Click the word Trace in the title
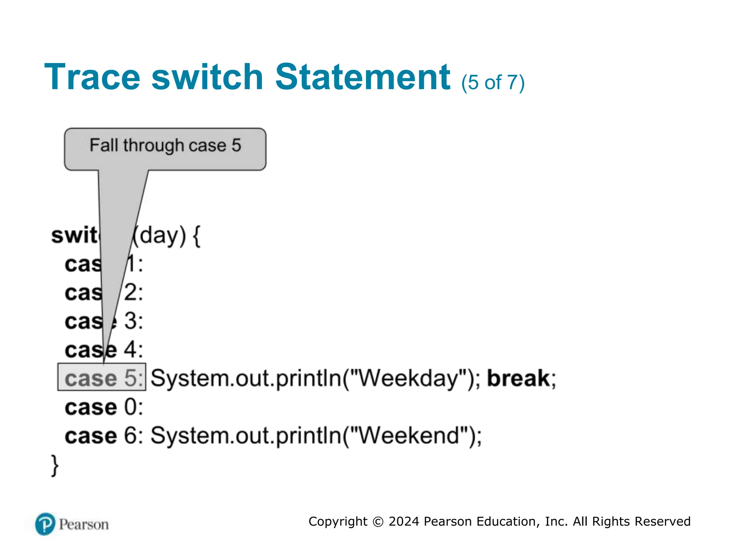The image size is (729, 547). point(92,77)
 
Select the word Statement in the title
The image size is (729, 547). point(363,77)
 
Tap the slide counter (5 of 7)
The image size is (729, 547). point(493,83)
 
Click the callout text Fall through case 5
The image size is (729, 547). point(165,146)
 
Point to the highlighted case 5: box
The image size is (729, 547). point(102,377)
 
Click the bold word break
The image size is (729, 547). point(518,378)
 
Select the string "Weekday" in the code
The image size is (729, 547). point(408,378)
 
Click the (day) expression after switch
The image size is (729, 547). point(159,235)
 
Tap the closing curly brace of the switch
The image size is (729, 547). point(55,465)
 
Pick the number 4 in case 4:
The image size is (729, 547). point(130,349)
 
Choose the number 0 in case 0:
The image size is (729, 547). point(130,407)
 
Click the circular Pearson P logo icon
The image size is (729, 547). point(45,524)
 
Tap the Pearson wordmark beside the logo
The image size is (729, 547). point(84,525)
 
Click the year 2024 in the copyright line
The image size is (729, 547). point(404,521)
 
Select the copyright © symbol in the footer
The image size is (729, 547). point(378,522)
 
